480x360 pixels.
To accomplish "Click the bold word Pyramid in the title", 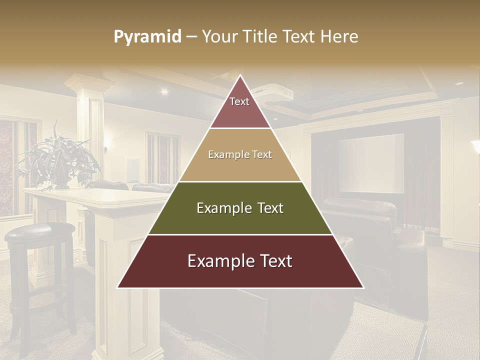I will pos(147,36).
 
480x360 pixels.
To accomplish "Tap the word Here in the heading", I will pos(339,36).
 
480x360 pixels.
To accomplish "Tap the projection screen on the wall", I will pos(371,163).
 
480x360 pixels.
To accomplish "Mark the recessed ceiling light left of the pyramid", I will pos(164,91).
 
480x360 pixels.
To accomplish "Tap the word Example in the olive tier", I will pos(219,208).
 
